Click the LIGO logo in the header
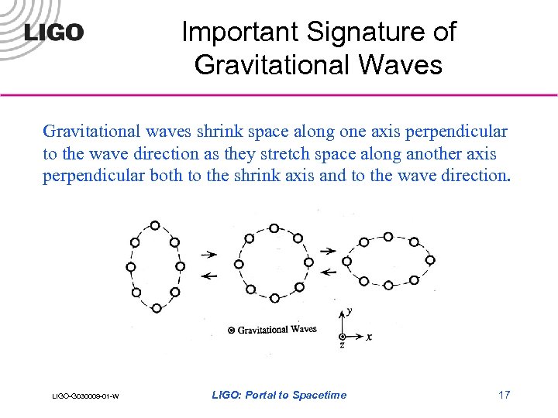53,33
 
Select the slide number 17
504,395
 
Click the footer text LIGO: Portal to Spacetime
279,395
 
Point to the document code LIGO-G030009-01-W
85,396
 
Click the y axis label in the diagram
350,311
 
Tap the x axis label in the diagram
369,337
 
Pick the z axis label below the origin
342,346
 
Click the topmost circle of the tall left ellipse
155,225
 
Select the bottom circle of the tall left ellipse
156,308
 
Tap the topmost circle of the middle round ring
274,228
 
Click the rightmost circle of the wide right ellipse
430,260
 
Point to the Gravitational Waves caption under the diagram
277,330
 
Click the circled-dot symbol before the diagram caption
231,331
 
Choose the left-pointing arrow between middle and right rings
329,272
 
